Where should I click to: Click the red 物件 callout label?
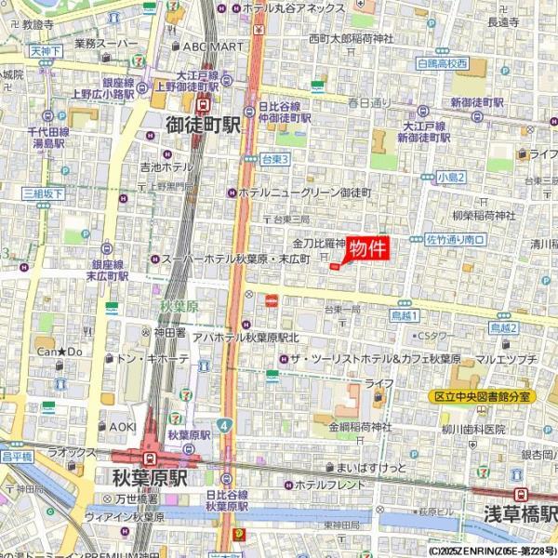point(366,248)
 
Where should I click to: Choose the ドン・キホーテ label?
point(153,358)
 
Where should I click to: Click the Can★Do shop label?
point(60,352)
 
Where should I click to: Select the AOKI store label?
point(124,427)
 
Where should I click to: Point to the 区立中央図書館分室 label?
point(484,396)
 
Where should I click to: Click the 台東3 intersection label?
point(275,160)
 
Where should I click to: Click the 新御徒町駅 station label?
point(477,101)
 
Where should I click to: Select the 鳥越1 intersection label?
point(405,316)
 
